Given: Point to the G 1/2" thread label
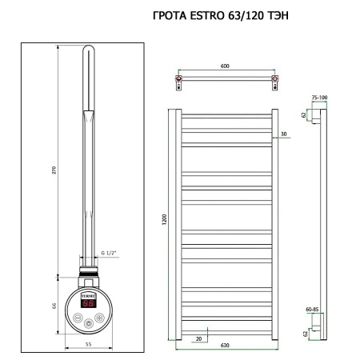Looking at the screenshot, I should [110, 255].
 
